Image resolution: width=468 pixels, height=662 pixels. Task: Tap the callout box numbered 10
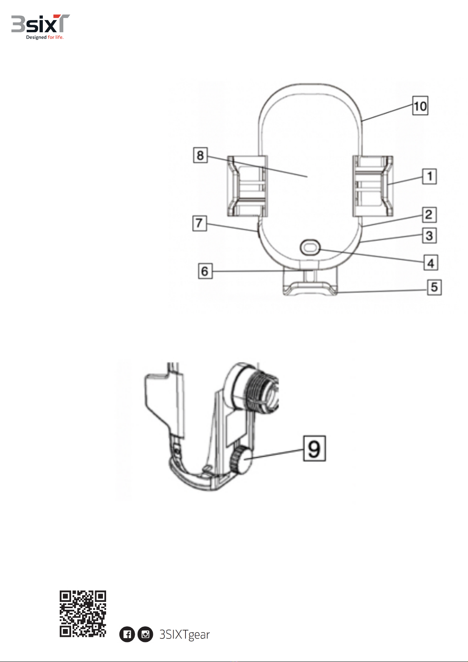(420, 106)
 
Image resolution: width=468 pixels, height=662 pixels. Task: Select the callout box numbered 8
(200, 155)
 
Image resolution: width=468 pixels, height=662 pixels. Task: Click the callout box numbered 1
(429, 176)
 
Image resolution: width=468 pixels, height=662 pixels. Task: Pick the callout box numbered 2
(429, 215)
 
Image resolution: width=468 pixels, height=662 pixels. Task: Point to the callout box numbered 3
(429, 236)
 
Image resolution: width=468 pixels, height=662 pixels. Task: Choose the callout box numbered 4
(431, 262)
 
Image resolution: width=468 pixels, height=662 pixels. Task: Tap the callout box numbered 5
(434, 287)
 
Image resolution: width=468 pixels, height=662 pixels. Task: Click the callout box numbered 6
(205, 271)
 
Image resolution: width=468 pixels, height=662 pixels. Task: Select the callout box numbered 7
(200, 223)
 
